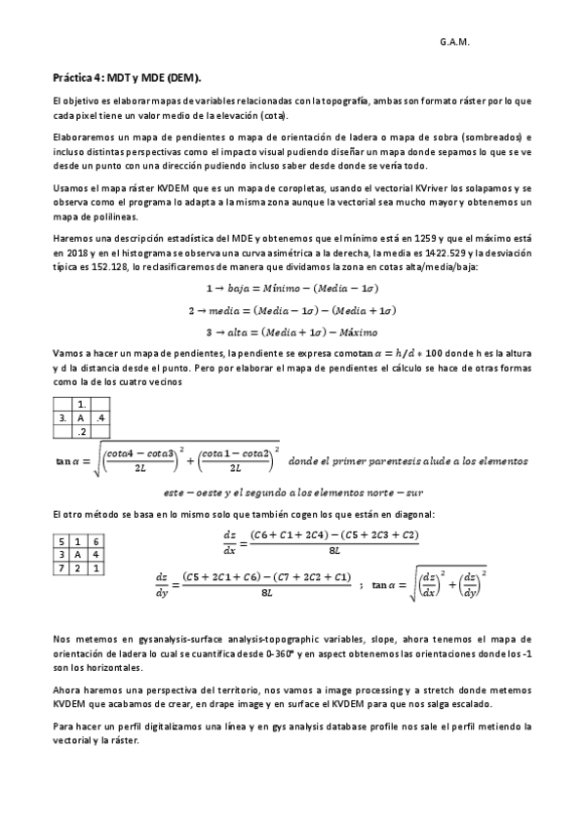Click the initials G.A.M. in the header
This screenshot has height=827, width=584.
click(455, 43)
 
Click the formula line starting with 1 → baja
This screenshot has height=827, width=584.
click(292, 289)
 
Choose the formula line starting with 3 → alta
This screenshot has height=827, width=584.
click(292, 331)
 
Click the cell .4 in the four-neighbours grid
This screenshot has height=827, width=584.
click(100, 417)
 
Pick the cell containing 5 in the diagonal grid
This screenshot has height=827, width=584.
click(63, 540)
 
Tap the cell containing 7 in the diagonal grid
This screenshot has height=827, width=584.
click(63, 566)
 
